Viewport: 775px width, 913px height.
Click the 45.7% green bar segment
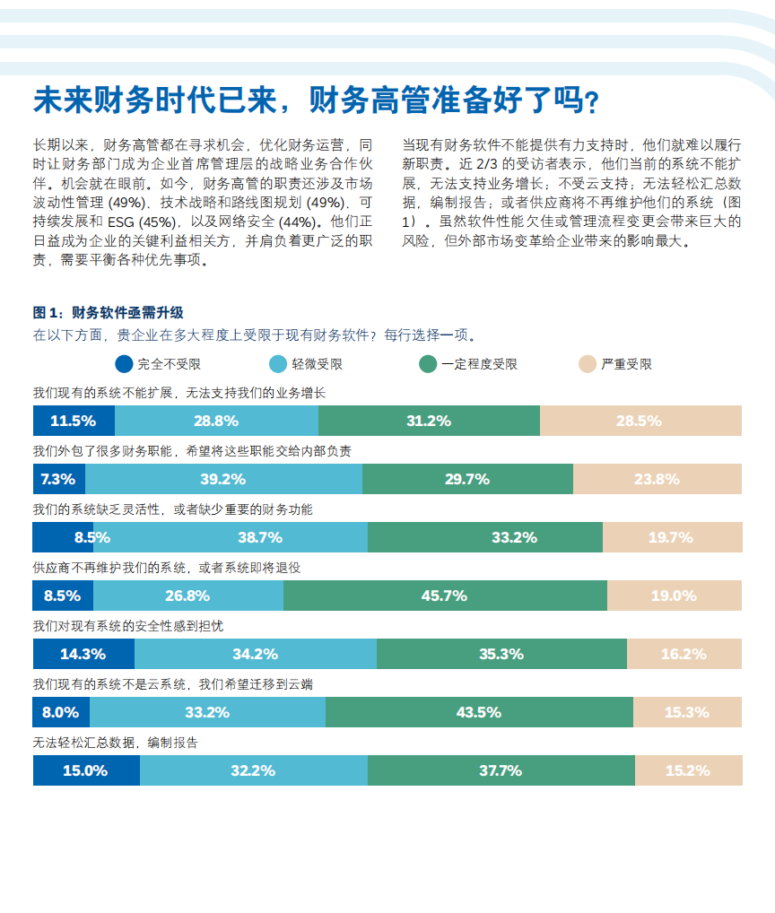coord(445,596)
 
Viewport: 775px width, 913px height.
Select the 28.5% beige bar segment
coord(640,421)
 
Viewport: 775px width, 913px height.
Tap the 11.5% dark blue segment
coord(74,421)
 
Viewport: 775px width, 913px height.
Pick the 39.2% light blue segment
coord(223,479)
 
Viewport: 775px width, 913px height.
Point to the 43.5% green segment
coord(479,712)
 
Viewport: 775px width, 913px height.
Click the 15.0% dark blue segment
coord(86,770)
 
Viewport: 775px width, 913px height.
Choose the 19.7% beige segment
coord(672,537)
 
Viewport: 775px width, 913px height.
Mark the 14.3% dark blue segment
coord(83,654)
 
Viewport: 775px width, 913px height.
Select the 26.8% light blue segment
coord(187,596)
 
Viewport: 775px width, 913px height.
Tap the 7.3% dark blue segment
coord(59,479)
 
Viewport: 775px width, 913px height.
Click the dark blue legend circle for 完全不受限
coord(125,364)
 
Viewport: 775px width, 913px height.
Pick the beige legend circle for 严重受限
coord(588,364)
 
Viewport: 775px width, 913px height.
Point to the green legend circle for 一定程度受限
coord(428,364)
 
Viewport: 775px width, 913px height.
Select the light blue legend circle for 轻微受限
coord(279,364)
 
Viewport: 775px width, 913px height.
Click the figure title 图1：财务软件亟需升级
coord(109,312)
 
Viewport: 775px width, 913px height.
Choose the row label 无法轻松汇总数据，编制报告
coord(116,742)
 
